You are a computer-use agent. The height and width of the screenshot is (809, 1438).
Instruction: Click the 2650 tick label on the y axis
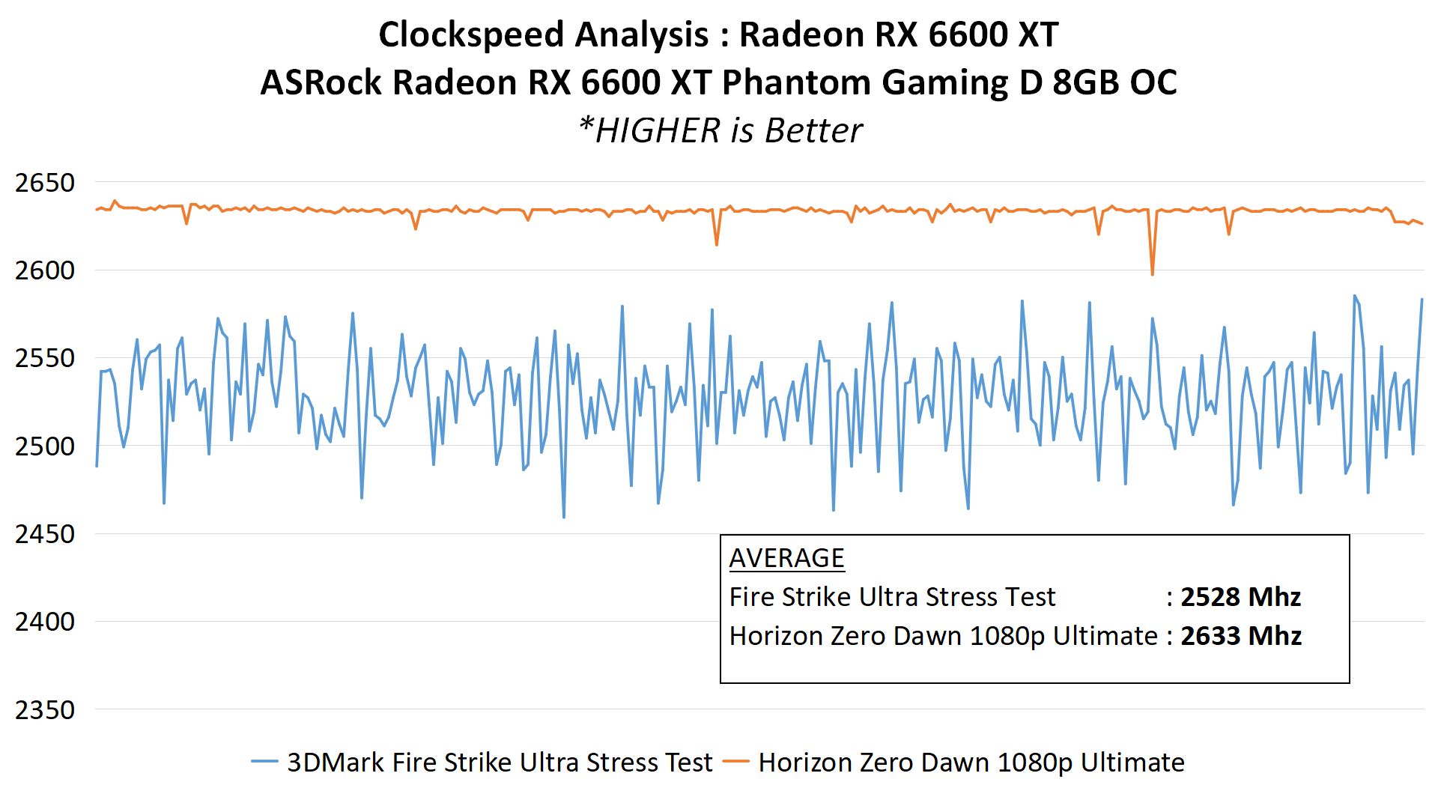(x=45, y=183)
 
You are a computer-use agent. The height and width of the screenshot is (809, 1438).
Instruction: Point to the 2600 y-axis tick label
(x=45, y=270)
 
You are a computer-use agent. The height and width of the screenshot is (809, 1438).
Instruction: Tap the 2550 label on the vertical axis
(x=45, y=358)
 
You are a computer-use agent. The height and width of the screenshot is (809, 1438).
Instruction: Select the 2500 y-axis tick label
(x=45, y=446)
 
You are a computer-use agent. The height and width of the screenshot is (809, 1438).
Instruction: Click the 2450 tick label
(x=45, y=534)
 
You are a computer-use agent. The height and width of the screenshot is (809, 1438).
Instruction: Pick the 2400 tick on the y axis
(x=45, y=622)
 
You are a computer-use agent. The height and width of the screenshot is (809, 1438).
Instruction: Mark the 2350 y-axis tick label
(x=45, y=710)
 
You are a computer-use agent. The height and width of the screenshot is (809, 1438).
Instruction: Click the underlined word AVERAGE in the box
(x=786, y=558)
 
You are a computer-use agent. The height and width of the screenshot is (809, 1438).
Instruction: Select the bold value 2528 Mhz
(x=1240, y=597)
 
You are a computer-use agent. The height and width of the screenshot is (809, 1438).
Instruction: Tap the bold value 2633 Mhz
(x=1240, y=636)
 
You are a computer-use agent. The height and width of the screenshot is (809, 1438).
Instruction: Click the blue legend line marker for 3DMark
(x=264, y=762)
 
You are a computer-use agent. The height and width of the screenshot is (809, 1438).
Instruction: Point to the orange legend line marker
(x=735, y=762)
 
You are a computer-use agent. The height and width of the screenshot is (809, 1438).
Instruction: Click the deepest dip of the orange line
(x=1152, y=274)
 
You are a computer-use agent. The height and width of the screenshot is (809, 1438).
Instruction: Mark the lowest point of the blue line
(x=564, y=517)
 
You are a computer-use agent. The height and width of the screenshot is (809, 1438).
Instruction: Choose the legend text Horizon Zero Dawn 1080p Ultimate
(x=971, y=763)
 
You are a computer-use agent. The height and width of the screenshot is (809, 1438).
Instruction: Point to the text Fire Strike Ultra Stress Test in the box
(x=892, y=597)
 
